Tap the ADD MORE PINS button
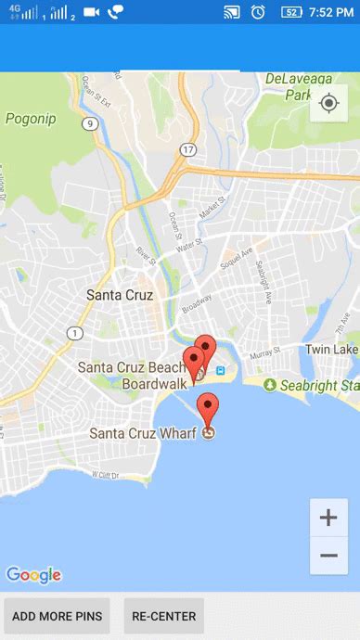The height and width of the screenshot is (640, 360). pos(58,616)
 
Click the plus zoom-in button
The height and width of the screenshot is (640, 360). pos(328,518)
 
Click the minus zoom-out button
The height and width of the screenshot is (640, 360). pos(328,555)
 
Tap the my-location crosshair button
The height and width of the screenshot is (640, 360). pos(328,103)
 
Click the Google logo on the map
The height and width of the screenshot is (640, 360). pos(33,575)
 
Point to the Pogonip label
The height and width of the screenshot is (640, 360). pos(32,118)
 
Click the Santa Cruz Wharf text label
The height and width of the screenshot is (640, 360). pos(144,433)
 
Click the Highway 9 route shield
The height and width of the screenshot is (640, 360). pos(89,122)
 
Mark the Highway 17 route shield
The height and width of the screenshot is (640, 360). pos(189,149)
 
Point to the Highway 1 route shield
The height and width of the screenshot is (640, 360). pos(75,332)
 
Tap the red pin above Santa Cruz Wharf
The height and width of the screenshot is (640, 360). pos(209,407)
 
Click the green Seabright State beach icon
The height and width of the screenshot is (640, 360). pos(269,385)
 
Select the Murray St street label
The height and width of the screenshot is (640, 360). pos(264,353)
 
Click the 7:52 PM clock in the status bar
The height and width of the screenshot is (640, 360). pos(331,12)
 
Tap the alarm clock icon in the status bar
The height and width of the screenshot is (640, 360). pos(258,12)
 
